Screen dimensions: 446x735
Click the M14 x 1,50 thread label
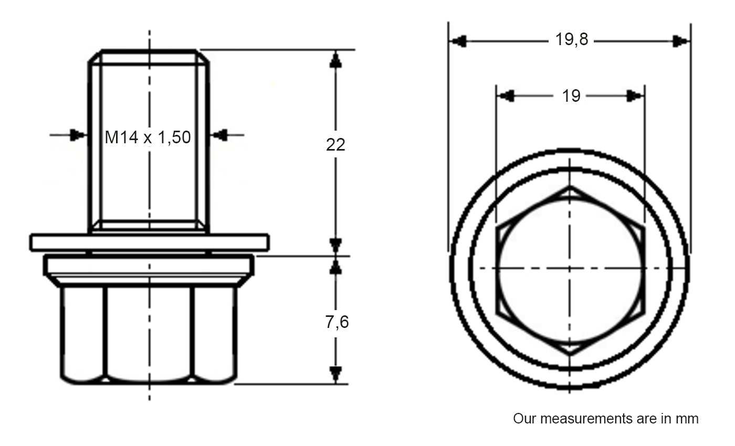(148, 138)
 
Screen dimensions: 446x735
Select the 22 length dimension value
(335, 144)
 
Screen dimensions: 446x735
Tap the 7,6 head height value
(336, 322)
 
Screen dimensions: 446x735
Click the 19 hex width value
(571, 96)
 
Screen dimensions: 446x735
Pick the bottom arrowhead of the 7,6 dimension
(335, 374)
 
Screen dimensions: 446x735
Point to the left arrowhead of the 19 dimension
(506, 96)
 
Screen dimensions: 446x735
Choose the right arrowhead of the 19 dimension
(635, 96)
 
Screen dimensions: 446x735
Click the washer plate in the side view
(150, 242)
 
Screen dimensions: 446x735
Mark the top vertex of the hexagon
(570, 186)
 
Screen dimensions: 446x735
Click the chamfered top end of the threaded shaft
(149, 57)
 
